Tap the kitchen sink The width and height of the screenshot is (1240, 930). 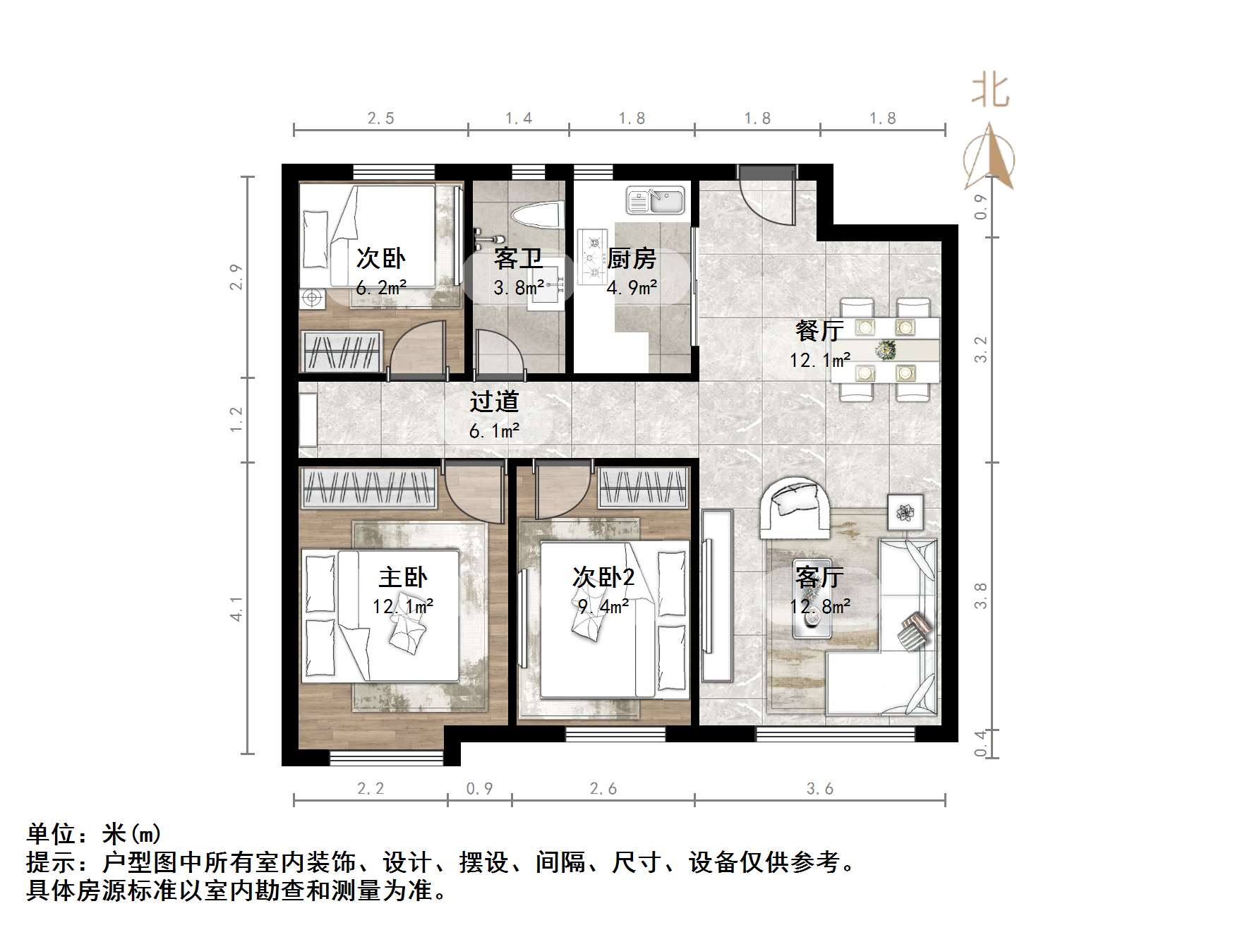click(655, 200)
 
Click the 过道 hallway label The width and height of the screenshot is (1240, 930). click(494, 401)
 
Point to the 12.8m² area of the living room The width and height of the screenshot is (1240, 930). click(819, 606)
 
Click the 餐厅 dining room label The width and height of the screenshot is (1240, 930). click(819, 330)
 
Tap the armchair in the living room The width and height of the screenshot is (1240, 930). click(795, 507)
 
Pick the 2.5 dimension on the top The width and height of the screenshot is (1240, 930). click(380, 118)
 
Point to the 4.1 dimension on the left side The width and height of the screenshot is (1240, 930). click(236, 608)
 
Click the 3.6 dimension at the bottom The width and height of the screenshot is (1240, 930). click(819, 788)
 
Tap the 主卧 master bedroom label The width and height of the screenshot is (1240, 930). click(403, 577)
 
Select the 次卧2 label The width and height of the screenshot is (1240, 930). click(603, 577)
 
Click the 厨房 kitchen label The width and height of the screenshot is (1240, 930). click(632, 259)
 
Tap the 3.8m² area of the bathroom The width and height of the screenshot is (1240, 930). click(519, 287)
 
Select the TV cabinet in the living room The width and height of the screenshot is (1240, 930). click(717, 594)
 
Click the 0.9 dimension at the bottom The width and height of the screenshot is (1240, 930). click(479, 788)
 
